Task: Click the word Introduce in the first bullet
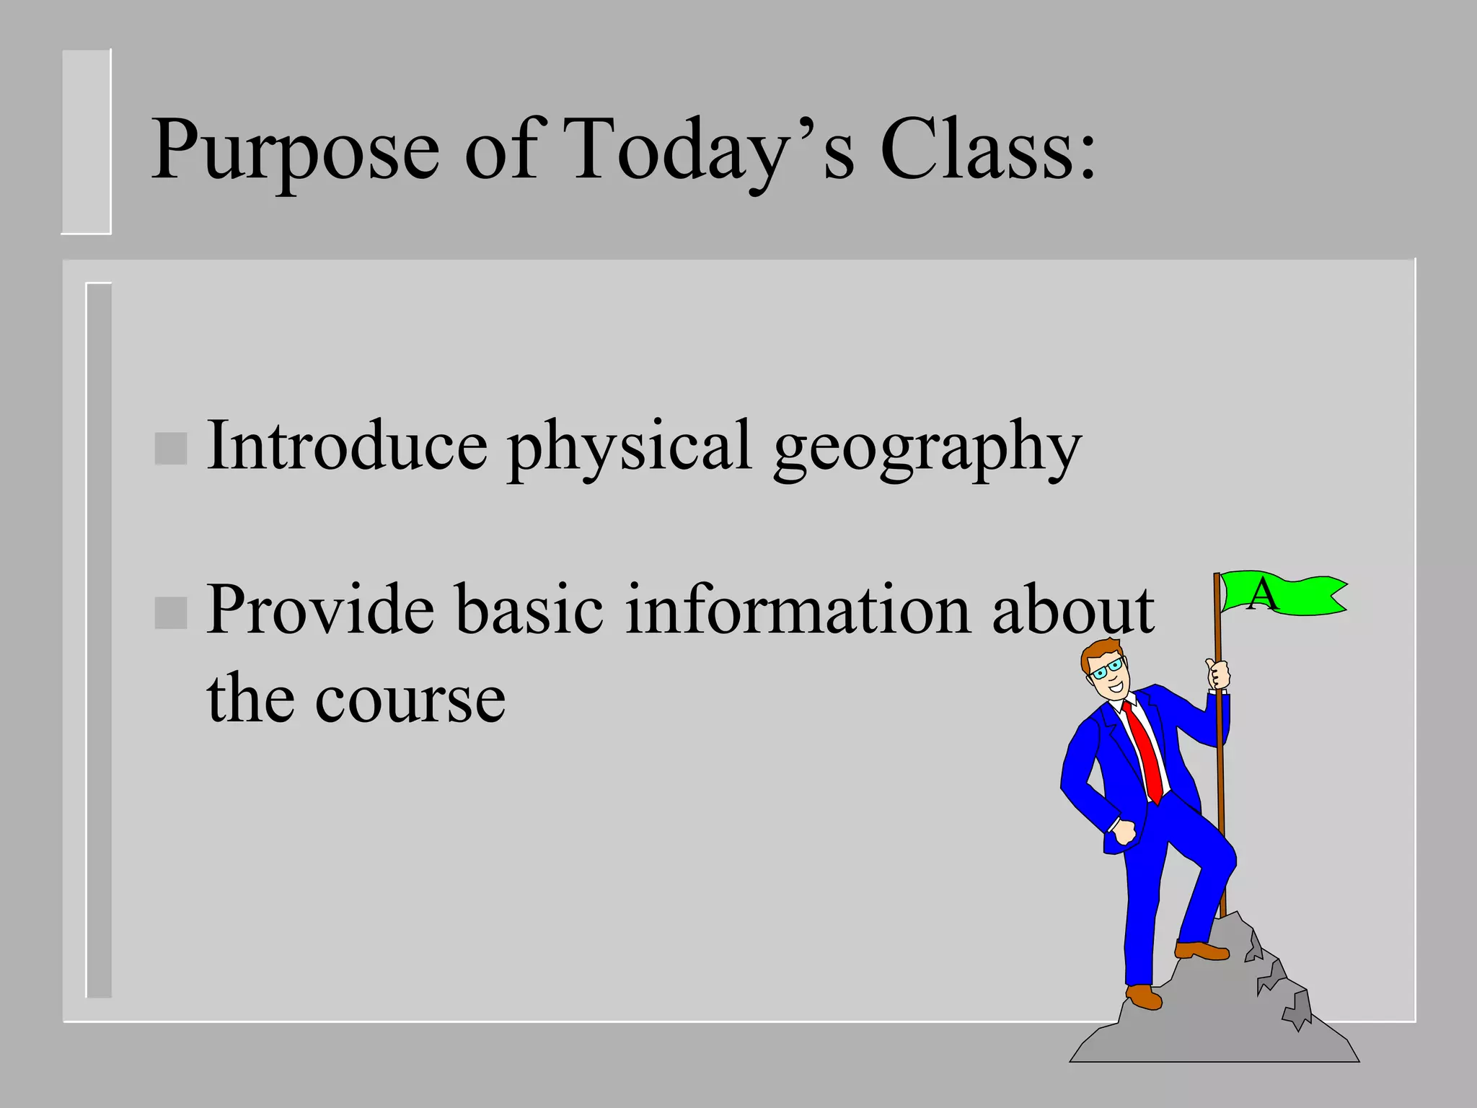click(346, 446)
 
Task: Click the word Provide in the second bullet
click(320, 610)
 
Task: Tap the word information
click(796, 610)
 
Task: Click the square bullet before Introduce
click(171, 449)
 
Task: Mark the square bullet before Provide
click(171, 613)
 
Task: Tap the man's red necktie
click(1147, 750)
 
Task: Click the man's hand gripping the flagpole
click(1218, 674)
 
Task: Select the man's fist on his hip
click(1122, 832)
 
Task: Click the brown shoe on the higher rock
click(1201, 951)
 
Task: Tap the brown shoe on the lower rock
click(1144, 998)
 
